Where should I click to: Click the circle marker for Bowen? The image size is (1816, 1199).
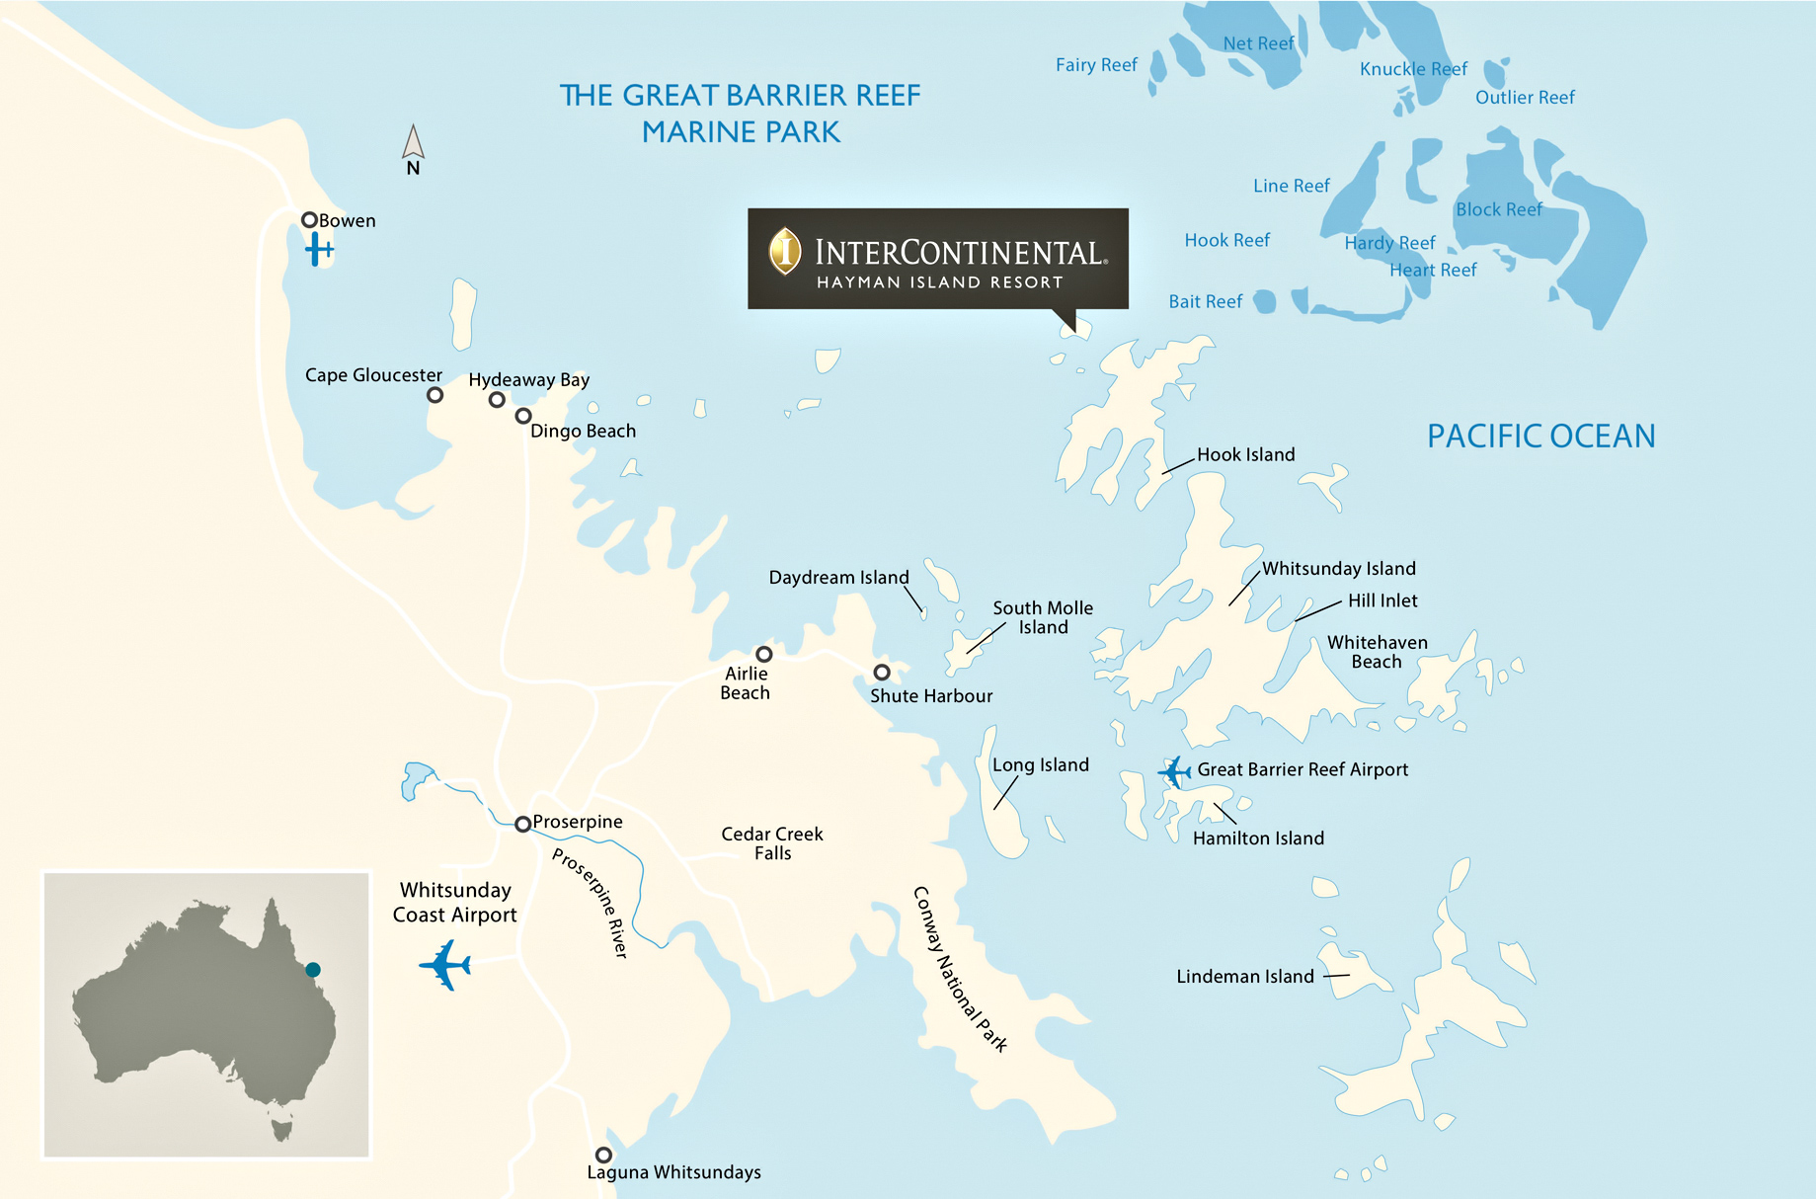pos(309,220)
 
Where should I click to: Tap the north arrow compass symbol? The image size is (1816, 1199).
pos(413,143)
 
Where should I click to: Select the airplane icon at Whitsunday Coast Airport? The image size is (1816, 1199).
pos(445,965)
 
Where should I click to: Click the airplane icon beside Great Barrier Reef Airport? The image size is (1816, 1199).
pos(1175,771)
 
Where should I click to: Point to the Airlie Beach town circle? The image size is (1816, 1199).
pos(763,654)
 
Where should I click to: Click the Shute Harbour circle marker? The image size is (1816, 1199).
pos(882,673)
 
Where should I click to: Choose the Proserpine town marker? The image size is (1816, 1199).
pos(522,824)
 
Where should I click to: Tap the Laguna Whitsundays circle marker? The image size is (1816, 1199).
pos(603,1155)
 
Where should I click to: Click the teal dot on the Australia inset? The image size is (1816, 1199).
pos(313,970)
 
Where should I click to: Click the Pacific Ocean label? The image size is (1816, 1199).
pos(1540,437)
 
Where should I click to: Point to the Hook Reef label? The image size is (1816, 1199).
pos(1226,240)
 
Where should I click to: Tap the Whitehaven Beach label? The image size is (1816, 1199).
pos(1377,652)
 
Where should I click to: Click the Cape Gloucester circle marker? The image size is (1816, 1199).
pos(434,395)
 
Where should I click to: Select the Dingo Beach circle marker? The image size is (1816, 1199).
pos(523,416)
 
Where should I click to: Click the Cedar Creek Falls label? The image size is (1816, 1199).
pos(772,843)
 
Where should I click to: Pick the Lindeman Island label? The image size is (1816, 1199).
pos(1245,977)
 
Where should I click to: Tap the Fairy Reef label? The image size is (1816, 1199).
pos(1096,65)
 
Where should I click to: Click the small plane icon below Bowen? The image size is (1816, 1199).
pos(318,249)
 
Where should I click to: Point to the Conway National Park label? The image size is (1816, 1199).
pos(959,969)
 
